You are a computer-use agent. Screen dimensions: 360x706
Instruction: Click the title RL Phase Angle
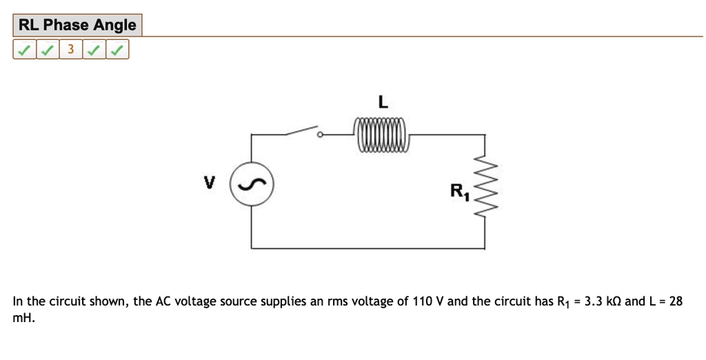coord(77,26)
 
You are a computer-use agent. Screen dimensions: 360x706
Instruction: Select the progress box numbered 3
coord(70,50)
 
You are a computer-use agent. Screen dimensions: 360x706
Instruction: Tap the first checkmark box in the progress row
coord(24,50)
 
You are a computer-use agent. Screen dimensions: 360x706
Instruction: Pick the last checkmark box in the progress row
coord(118,50)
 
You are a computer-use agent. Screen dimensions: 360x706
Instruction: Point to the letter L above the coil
coord(383,103)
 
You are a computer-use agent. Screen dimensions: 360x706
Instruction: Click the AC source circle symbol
coord(252,185)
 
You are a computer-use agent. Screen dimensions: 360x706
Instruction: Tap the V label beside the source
coord(209,183)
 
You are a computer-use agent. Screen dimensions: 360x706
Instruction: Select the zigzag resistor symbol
coord(486,186)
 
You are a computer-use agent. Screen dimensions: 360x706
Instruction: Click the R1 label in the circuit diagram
coord(460,192)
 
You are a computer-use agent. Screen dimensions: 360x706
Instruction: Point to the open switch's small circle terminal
coord(319,135)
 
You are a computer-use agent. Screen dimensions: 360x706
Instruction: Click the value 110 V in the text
coord(428,301)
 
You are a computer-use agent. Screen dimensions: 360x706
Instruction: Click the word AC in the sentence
coord(163,301)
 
